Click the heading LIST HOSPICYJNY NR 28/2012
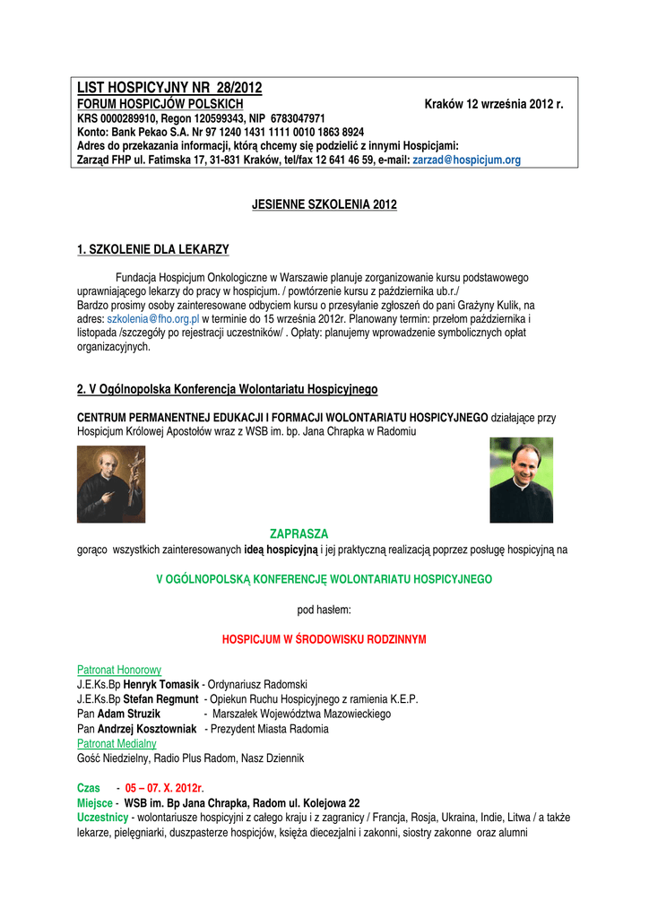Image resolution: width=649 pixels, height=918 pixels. pyautogui.click(x=169, y=88)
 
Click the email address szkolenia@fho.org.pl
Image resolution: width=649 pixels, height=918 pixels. pyautogui.click(x=152, y=318)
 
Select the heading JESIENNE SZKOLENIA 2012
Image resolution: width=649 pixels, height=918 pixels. pyautogui.click(x=324, y=205)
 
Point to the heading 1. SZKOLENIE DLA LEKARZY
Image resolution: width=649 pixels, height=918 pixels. pyautogui.click(x=153, y=249)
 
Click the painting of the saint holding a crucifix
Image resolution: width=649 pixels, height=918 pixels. pyautogui.click(x=111, y=484)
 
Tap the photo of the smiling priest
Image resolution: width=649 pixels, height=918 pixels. pyautogui.click(x=521, y=480)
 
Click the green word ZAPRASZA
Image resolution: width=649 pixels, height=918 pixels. pyautogui.click(x=299, y=533)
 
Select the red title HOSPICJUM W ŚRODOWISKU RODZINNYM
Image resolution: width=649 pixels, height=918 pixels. pyautogui.click(x=324, y=639)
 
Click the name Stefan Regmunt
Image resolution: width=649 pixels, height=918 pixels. pyautogui.click(x=161, y=699)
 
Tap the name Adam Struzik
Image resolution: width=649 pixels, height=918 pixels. pyautogui.click(x=129, y=714)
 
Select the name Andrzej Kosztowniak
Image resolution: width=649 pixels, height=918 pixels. pyautogui.click(x=147, y=729)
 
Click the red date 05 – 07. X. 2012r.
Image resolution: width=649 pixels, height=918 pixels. pyautogui.click(x=165, y=788)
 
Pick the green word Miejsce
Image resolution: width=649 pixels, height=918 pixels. pyautogui.click(x=95, y=802)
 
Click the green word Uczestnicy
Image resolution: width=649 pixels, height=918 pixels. pyautogui.click(x=102, y=818)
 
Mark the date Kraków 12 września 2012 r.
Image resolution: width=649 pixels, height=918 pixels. pyautogui.click(x=494, y=105)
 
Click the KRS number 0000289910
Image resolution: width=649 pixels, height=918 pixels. pyautogui.click(x=127, y=118)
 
